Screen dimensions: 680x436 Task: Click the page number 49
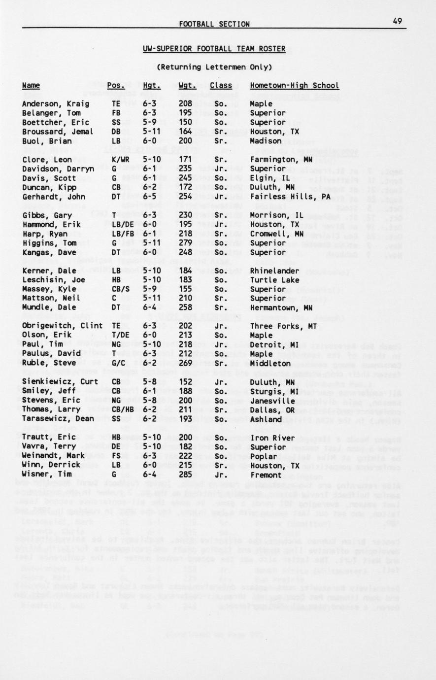398,20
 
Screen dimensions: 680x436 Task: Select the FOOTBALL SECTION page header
214,24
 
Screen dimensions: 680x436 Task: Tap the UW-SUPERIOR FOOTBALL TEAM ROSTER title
214,48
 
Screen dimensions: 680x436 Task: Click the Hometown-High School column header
294,85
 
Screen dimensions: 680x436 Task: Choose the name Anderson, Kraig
56,104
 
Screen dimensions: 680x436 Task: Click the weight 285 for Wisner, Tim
185,475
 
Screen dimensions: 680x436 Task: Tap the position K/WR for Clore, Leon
120,160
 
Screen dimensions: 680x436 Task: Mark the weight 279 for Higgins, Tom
185,243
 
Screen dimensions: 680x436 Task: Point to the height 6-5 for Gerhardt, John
151,197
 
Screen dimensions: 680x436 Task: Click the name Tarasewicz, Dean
58,419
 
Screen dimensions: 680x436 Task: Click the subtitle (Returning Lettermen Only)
214,67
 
